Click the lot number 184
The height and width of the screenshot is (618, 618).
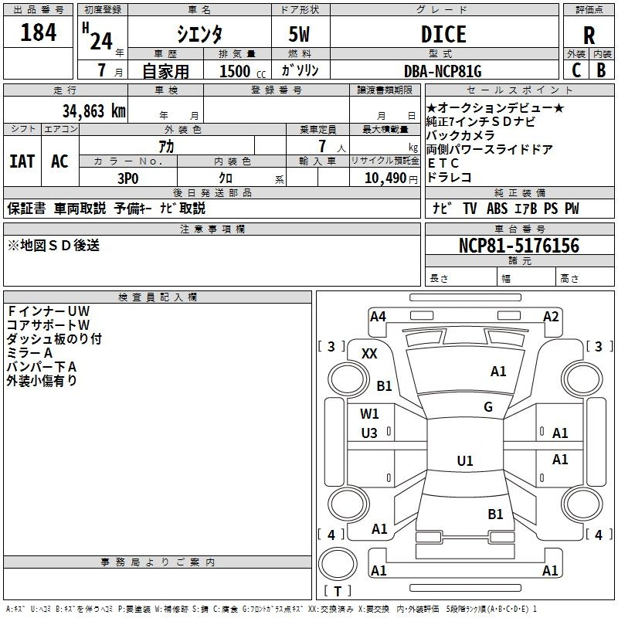pyautogui.click(x=38, y=32)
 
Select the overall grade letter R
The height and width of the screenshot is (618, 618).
pyautogui.click(x=589, y=36)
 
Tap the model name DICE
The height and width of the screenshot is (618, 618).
pyautogui.click(x=443, y=34)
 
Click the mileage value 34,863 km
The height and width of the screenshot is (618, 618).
pyautogui.click(x=93, y=110)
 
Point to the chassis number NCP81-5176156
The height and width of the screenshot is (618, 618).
pyautogui.click(x=519, y=246)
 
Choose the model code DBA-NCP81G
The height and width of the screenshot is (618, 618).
pyautogui.click(x=443, y=71)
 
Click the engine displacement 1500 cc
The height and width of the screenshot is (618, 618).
pyautogui.click(x=242, y=71)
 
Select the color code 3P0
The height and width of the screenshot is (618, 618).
pyautogui.click(x=128, y=178)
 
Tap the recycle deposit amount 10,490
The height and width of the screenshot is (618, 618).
pyautogui.click(x=385, y=178)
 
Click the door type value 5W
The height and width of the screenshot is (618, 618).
pyautogui.click(x=299, y=34)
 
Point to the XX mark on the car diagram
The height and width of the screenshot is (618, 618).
pyautogui.click(x=369, y=354)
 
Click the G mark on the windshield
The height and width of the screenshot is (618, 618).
pyautogui.click(x=488, y=406)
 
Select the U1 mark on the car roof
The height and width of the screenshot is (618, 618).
pyautogui.click(x=465, y=460)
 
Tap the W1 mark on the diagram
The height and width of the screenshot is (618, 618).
pyautogui.click(x=369, y=414)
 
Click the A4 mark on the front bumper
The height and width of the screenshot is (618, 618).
pyautogui.click(x=378, y=317)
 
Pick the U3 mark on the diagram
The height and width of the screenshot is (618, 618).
pyautogui.click(x=369, y=433)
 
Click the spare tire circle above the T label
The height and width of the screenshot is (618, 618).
pyautogui.click(x=338, y=564)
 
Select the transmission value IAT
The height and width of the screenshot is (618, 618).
pyautogui.click(x=22, y=161)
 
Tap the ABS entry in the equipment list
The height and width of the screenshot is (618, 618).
pyautogui.click(x=497, y=209)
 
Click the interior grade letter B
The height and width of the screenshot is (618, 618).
pyautogui.click(x=601, y=70)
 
